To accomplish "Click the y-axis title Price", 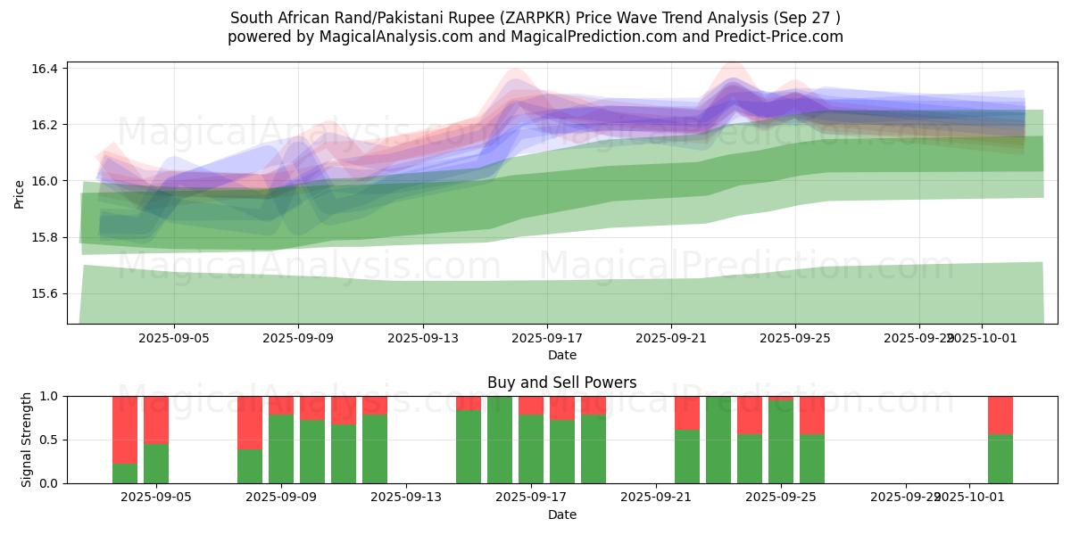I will (x=20, y=193).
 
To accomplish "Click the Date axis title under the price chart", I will (x=562, y=355).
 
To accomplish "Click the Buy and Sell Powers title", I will (x=562, y=383).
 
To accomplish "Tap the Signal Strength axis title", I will (x=27, y=440).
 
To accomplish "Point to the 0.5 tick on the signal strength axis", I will (x=49, y=440).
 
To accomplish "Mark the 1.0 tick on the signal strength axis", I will (x=49, y=396).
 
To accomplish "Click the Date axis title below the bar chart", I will (x=562, y=514).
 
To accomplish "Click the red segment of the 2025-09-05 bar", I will (x=156, y=419).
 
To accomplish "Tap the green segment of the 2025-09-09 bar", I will (x=281, y=449).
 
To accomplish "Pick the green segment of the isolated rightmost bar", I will (x=1000, y=458).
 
